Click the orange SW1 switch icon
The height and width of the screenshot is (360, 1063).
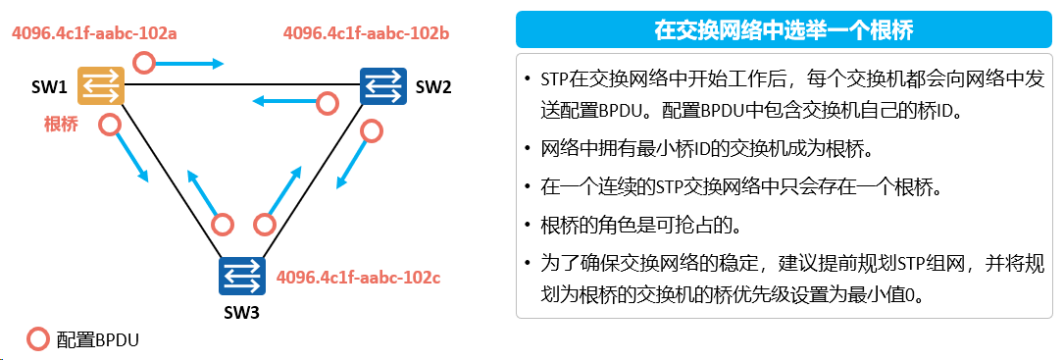[101, 85]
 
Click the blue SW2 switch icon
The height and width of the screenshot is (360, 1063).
[383, 86]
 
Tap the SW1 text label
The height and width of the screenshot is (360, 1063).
[49, 87]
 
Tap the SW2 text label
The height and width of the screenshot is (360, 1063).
[432, 86]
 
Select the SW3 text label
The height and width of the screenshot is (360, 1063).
[241, 313]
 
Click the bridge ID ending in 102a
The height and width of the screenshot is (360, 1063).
[94, 33]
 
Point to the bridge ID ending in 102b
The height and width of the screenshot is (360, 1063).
[367, 32]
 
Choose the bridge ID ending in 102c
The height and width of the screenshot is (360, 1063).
[359, 277]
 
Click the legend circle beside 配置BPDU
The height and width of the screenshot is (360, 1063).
[38, 339]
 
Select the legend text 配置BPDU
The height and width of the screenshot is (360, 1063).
[98, 339]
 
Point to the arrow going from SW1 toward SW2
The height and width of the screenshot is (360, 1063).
[189, 65]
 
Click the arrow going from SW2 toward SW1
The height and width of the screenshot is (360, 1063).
[285, 102]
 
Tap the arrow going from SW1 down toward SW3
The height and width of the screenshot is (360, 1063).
[132, 157]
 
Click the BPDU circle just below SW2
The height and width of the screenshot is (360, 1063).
[372, 130]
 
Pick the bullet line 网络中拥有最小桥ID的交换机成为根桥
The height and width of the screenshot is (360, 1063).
[704, 148]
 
